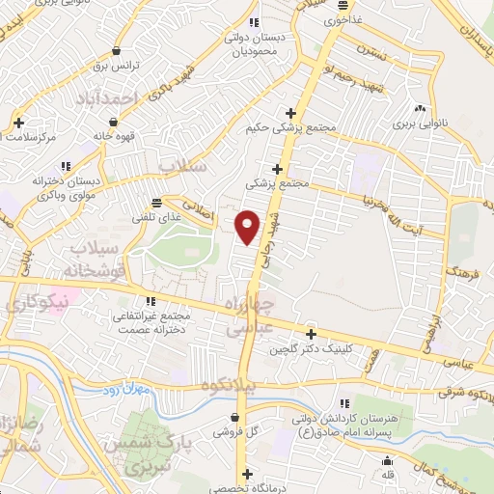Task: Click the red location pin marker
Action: [x=248, y=226]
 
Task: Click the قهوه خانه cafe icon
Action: [x=114, y=122]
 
